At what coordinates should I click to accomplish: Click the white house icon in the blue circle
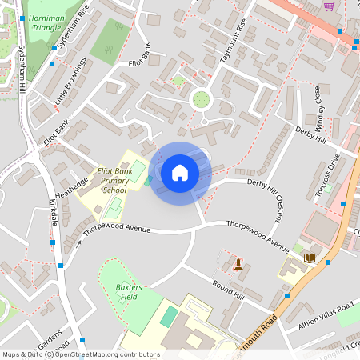[x=180, y=173]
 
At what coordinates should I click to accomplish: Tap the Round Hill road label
[x=227, y=289]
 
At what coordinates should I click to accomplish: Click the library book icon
[x=309, y=258]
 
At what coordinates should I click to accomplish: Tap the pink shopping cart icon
[x=329, y=6]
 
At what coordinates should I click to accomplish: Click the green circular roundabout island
[x=201, y=99]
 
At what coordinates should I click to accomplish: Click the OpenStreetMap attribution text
[x=80, y=354]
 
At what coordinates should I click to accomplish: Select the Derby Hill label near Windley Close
[x=311, y=134]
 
